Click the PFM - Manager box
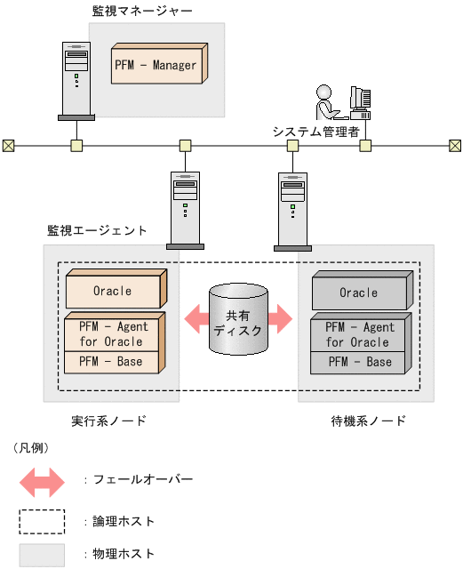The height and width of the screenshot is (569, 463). pos(156,65)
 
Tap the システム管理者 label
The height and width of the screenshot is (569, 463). pos(315,131)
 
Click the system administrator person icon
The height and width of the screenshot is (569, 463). pos(325,101)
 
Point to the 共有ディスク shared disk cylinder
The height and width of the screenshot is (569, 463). pos(238,321)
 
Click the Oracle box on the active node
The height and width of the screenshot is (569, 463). pos(112,291)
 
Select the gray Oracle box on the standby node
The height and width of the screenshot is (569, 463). pos(359,293)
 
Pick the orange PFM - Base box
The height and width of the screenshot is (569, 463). pos(112,362)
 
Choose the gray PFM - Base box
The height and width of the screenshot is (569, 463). pos(359,362)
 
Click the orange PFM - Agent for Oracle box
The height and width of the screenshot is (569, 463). pos(112,333)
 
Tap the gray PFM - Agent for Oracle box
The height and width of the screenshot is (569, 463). pos(359,335)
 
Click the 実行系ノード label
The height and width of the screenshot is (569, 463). pos(108,421)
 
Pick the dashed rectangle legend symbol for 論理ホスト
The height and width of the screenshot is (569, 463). pos(42,520)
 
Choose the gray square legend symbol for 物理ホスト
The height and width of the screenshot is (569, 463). pos(42,555)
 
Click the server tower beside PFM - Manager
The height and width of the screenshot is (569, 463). pos(76,80)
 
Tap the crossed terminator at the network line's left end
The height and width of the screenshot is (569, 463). pos(8,145)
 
